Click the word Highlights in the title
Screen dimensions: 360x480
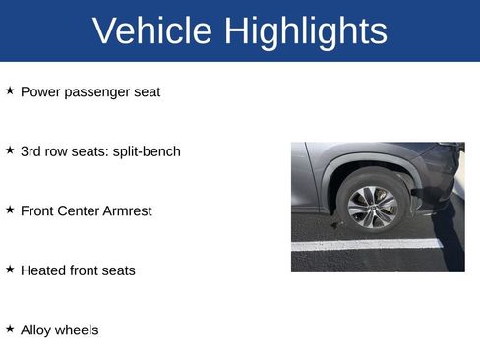[x=305, y=31]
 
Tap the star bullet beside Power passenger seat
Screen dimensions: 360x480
[x=10, y=90]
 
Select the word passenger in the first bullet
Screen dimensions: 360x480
[x=101, y=92]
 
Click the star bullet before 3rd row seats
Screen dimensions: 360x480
[x=10, y=150]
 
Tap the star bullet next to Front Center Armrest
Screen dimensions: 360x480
[x=10, y=210]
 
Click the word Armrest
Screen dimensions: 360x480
[x=127, y=210]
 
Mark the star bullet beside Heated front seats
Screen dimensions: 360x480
[x=10, y=269]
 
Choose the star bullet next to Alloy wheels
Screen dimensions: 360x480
[x=10, y=329]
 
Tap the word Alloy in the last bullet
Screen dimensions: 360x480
[x=36, y=330]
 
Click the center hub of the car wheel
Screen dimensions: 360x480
[x=373, y=205]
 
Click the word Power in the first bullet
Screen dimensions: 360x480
[x=40, y=92]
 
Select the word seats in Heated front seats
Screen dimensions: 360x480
[x=117, y=270]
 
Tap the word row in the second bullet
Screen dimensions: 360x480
[x=60, y=151]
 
